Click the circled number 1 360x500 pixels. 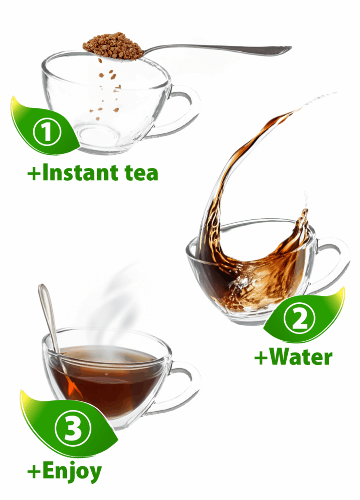(x=47, y=131)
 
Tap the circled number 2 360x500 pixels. (x=299, y=319)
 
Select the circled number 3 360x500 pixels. (x=73, y=428)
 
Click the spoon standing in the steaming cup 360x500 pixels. (x=51, y=322)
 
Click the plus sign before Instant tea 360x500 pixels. (x=34, y=174)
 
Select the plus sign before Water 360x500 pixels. (x=261, y=358)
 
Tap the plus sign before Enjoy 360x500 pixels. (x=34, y=472)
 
